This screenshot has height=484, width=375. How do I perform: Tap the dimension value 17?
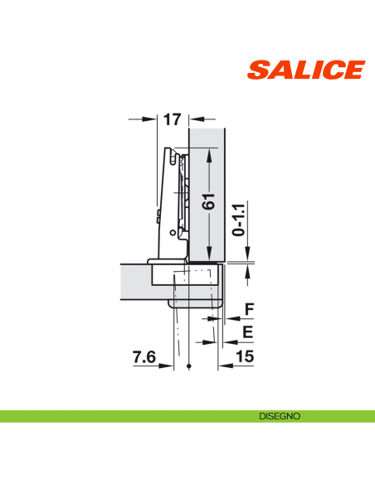172,120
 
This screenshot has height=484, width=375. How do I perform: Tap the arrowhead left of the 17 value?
153,120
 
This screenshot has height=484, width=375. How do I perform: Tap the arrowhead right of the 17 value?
193,120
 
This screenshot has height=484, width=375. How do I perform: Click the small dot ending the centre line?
190,366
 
